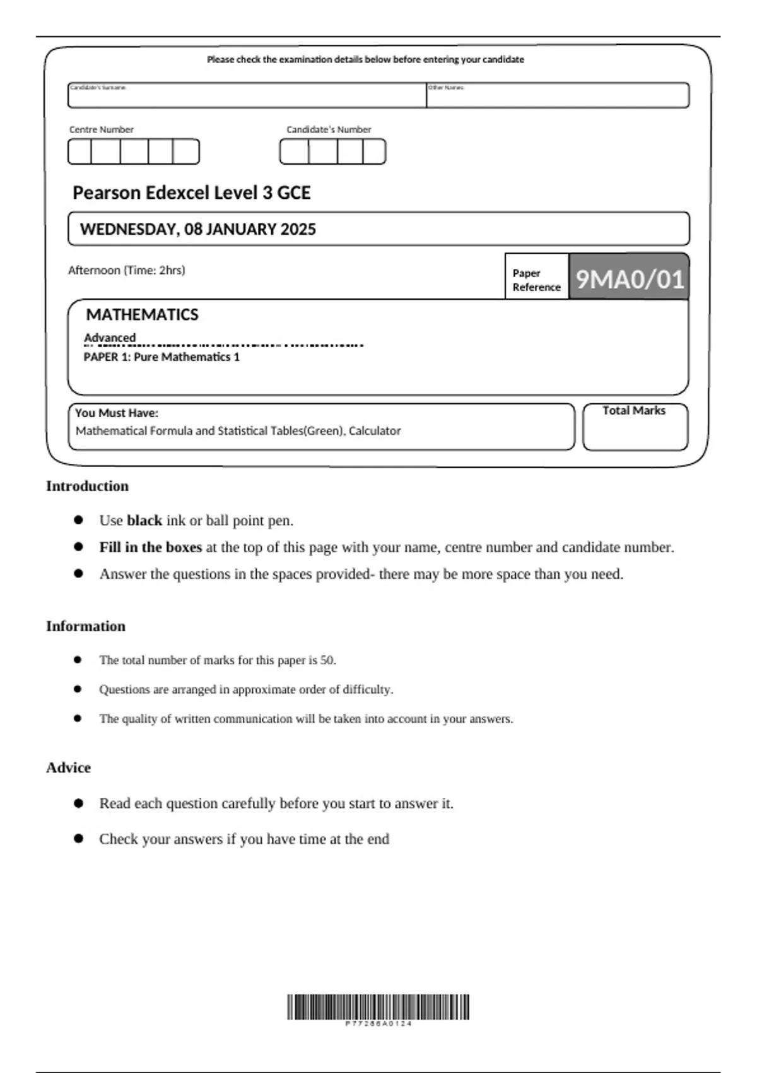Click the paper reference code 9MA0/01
(629, 278)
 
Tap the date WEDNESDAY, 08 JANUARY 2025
(197, 229)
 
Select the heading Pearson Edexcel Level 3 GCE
(191, 193)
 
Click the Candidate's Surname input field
(247, 97)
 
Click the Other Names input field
(558, 97)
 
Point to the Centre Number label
(101, 129)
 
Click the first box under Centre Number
(80, 152)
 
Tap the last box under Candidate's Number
(374, 152)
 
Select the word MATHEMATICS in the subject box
(142, 314)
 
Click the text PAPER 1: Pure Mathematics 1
(161, 357)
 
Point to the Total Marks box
(635, 428)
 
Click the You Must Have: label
(117, 413)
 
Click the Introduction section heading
(87, 486)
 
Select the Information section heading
(85, 626)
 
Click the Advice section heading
(68, 768)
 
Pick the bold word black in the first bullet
(144, 521)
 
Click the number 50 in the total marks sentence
(327, 660)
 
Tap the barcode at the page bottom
(378, 1007)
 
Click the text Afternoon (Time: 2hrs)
(126, 270)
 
